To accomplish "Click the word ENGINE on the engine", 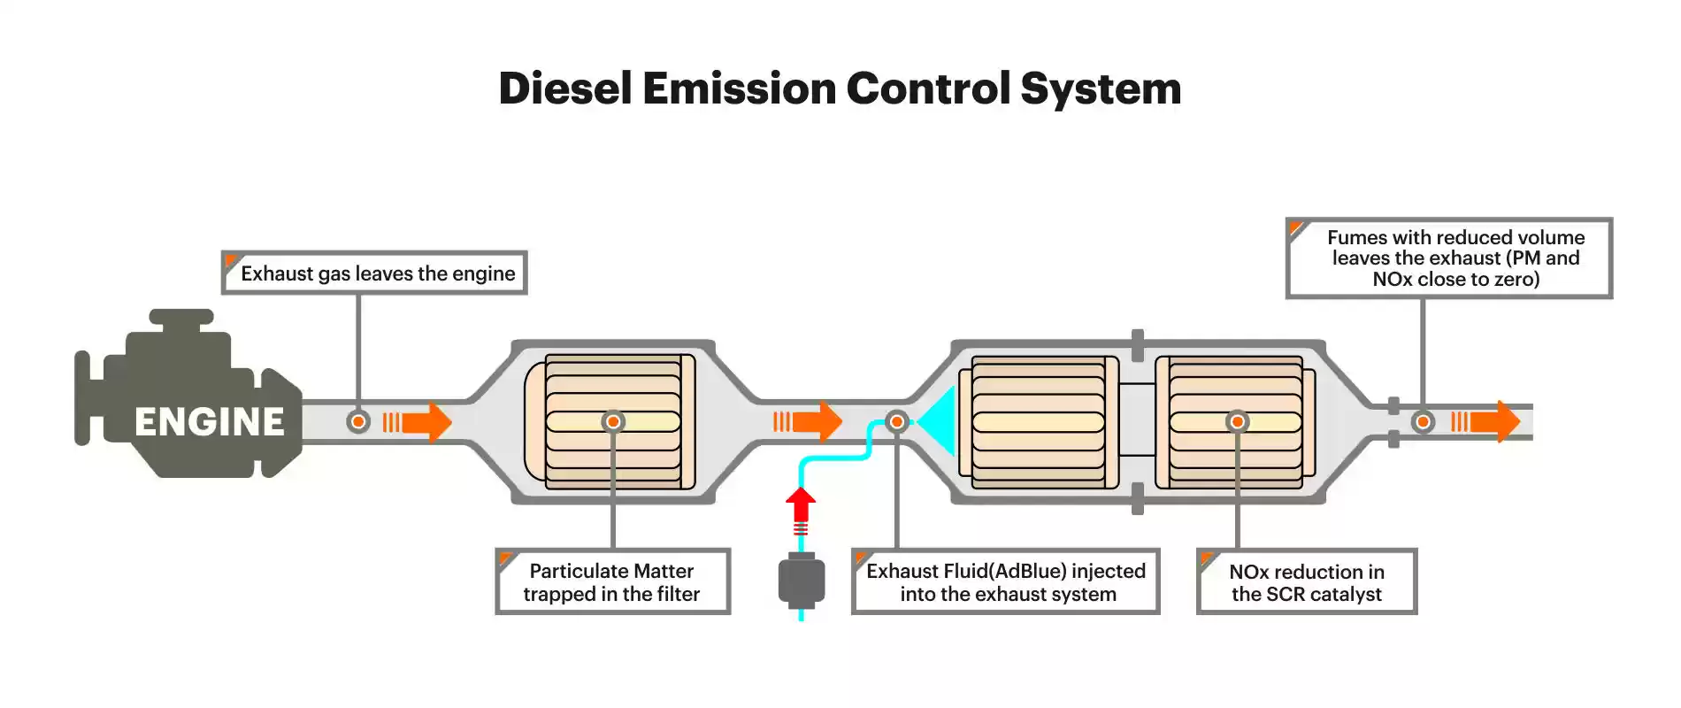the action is [x=210, y=422].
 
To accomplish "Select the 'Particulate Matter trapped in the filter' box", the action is [x=612, y=581].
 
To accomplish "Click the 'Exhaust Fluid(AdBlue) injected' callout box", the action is [x=1005, y=581].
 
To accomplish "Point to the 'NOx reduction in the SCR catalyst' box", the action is [x=1307, y=581].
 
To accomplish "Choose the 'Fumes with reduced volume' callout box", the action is [x=1449, y=258].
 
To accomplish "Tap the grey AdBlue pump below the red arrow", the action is [x=802, y=580].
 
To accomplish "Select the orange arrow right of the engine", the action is [x=418, y=422].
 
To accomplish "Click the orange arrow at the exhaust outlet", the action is [x=1485, y=422].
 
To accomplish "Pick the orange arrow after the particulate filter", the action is [x=808, y=422].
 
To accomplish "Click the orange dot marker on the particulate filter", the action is [x=613, y=422].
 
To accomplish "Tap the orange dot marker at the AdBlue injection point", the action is [x=896, y=422].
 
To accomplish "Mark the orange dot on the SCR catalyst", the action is [x=1237, y=422].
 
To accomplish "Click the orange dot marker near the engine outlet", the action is [x=358, y=422].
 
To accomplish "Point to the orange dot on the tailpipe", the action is [x=1423, y=422].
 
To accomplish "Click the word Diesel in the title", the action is [x=565, y=88].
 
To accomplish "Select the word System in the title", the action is [x=1101, y=90].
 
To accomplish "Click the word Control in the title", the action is [x=928, y=88].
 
